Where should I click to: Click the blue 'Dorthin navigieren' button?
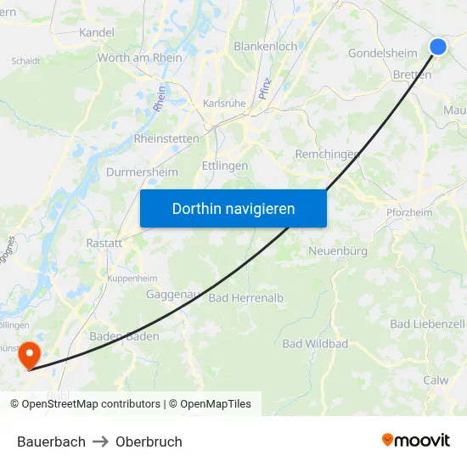point(233,208)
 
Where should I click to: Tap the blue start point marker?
point(438,47)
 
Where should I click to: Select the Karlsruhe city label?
point(225,104)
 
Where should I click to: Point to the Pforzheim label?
point(409,212)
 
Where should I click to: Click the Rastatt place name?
point(104,243)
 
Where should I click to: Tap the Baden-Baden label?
point(124,336)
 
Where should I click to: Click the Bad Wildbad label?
point(315,344)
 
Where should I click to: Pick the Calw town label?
point(436,380)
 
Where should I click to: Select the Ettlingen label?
point(225,166)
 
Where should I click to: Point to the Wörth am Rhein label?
point(140,58)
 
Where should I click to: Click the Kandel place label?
point(96,32)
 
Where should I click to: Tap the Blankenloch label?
point(266,46)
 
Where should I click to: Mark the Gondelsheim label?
point(383,53)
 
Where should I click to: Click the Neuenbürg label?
point(338,251)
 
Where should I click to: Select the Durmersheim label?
point(142,172)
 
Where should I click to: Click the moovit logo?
point(416,441)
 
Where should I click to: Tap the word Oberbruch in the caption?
point(149,442)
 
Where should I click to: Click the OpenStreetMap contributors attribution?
point(91,404)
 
